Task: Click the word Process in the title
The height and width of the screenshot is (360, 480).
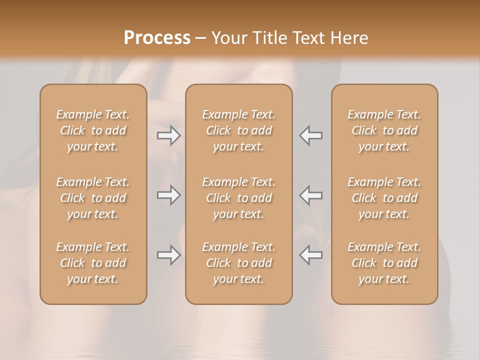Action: click(x=157, y=38)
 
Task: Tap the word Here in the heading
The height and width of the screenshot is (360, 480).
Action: click(x=349, y=38)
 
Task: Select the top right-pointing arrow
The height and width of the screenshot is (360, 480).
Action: click(x=168, y=135)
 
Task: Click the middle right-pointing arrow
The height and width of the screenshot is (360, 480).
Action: click(x=168, y=194)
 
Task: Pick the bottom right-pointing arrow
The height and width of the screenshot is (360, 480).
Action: click(x=168, y=255)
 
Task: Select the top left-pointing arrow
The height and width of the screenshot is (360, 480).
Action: click(x=311, y=135)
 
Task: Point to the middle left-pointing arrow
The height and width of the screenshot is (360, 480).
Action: click(x=311, y=194)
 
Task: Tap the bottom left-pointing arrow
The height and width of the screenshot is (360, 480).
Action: click(x=311, y=255)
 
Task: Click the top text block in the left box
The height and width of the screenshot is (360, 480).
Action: click(x=93, y=130)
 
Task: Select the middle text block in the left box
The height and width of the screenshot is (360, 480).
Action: click(x=93, y=198)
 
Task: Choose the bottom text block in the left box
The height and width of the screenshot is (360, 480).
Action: click(x=93, y=263)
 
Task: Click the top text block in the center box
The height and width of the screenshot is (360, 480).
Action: click(x=239, y=130)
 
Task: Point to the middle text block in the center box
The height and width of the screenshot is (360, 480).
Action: click(x=239, y=198)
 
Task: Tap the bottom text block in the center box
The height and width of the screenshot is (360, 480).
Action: click(x=239, y=263)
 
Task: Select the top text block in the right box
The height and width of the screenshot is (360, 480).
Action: click(x=384, y=130)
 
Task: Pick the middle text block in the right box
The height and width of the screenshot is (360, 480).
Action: click(x=384, y=198)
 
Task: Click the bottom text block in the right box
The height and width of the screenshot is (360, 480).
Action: click(x=384, y=263)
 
